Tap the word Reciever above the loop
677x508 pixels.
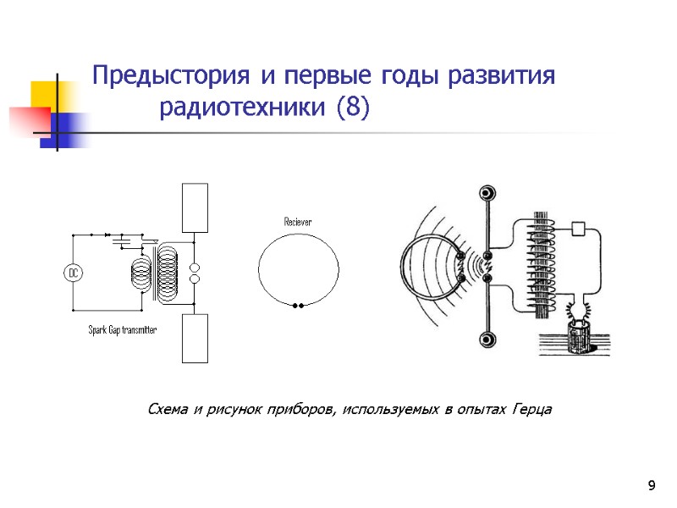pos(297,222)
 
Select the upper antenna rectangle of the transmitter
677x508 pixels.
pos(195,207)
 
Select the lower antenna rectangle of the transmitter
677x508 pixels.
pos(195,339)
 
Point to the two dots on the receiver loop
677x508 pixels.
pos(297,305)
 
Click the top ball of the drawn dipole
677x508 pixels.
pos(487,194)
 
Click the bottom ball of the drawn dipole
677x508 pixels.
pos(487,340)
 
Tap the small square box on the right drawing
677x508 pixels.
pos(579,228)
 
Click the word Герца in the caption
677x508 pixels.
pos(531,410)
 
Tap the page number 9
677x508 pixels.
pos(651,485)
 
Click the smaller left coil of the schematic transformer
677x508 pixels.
pos(140,273)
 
